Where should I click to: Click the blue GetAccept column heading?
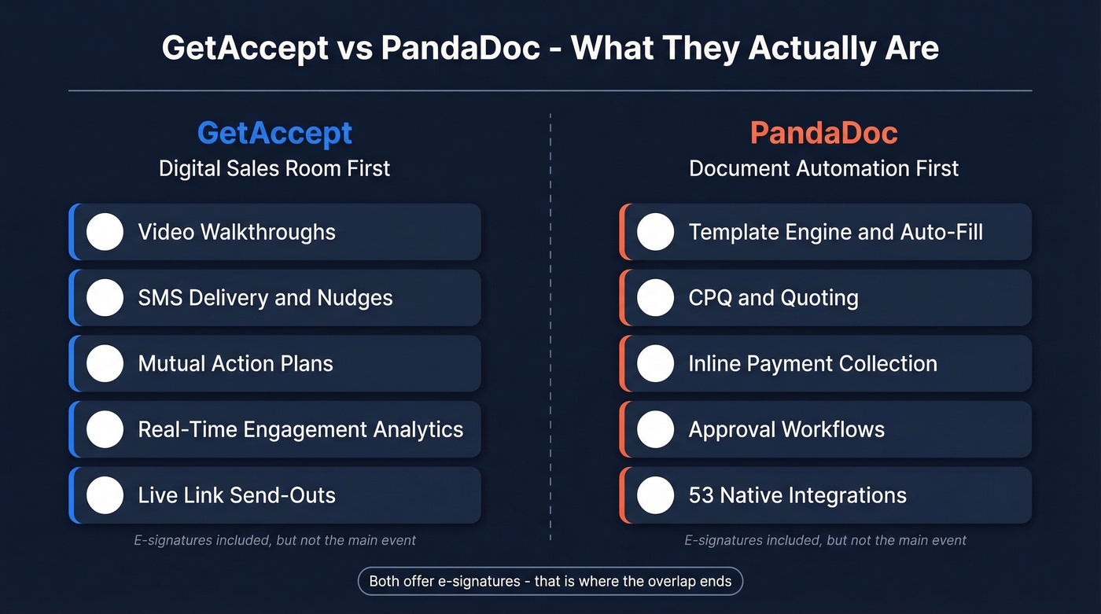pos(274,133)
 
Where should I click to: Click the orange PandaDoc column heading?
pos(823,133)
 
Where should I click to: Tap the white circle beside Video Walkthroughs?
pos(105,232)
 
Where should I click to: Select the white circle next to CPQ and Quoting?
pos(655,298)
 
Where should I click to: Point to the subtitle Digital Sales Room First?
pos(274,168)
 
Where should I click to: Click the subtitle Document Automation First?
pos(823,168)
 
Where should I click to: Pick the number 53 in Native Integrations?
pos(701,495)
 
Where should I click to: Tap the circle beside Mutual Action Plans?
pos(105,363)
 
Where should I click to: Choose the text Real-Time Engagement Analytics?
pos(300,429)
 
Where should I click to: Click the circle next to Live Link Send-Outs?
pos(105,495)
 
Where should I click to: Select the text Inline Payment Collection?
pos(812,363)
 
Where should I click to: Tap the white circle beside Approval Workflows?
pos(655,429)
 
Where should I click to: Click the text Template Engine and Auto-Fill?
pos(835,232)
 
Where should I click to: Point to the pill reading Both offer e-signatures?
pos(550,582)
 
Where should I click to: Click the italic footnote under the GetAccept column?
pos(274,540)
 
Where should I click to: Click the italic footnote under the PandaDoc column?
pos(825,540)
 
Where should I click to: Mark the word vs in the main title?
pos(354,48)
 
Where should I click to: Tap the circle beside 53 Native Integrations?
pos(655,495)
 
